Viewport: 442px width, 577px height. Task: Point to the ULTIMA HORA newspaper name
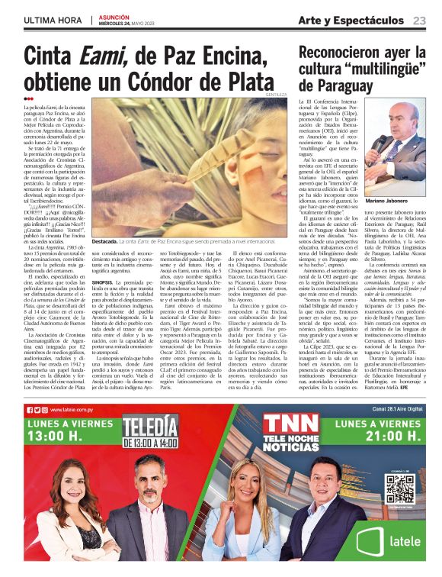click(53, 21)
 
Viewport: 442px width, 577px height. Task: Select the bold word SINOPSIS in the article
click(106, 281)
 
